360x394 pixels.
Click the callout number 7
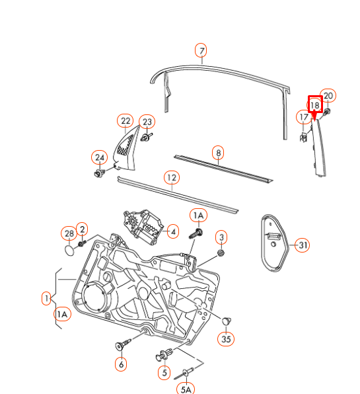201,50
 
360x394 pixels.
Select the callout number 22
126,121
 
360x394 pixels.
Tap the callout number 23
147,122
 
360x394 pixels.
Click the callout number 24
100,157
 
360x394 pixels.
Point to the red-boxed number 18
315,105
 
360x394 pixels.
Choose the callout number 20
328,96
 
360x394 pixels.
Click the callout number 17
304,117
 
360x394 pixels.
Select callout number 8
218,153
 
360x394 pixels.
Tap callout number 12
172,178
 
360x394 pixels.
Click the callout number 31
303,245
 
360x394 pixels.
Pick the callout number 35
226,339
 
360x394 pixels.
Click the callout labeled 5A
186,389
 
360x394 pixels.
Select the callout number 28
69,233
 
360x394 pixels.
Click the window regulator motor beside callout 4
142,226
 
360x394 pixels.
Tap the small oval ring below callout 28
69,251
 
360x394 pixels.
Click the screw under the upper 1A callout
196,233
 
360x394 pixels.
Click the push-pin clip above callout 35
227,321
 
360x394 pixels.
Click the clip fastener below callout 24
100,173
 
